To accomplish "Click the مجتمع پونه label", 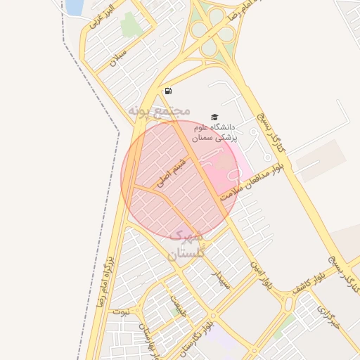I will tap(160, 111).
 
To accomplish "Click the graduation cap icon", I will tap(214, 117).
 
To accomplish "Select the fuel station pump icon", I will tap(168, 91).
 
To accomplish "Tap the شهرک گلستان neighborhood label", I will tap(185, 243).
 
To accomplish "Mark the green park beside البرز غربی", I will tap(130, 25).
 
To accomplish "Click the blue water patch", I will tap(74, 7).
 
